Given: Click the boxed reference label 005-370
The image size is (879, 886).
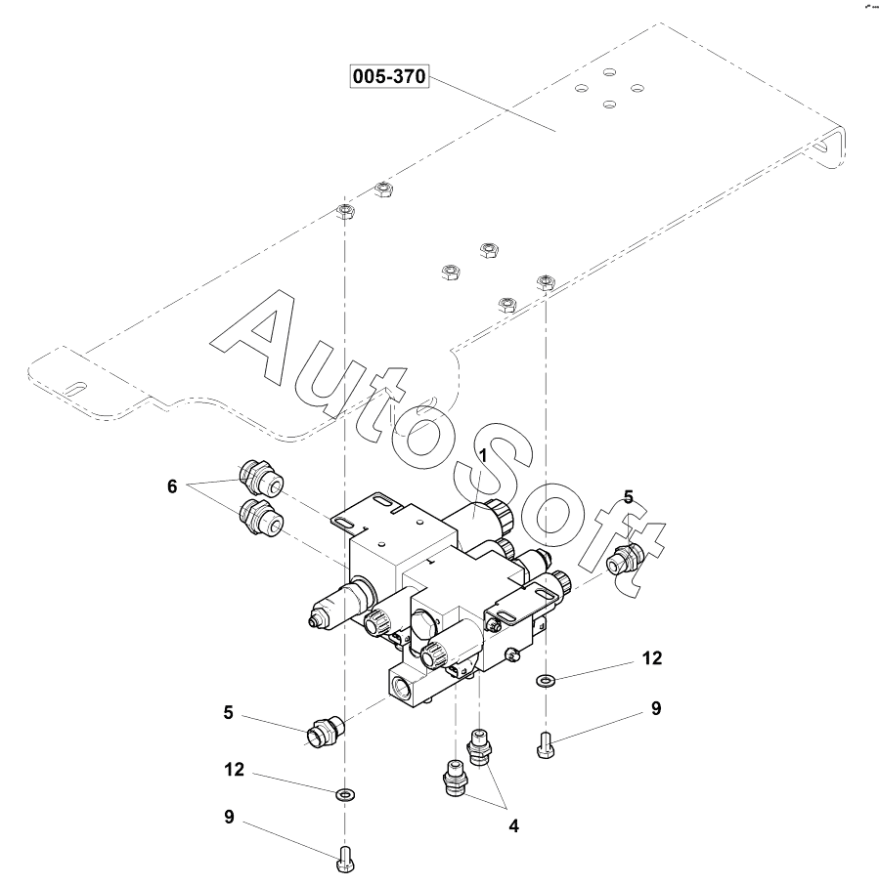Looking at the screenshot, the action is pyautogui.click(x=389, y=78).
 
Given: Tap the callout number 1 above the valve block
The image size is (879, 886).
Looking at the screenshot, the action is pyautogui.click(x=482, y=455).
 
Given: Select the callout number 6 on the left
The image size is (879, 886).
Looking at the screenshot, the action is pyautogui.click(x=172, y=485).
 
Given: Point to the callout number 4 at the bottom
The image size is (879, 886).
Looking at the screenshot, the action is pyautogui.click(x=512, y=826).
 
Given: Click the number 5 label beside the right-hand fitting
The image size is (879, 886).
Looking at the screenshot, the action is pyautogui.click(x=628, y=497).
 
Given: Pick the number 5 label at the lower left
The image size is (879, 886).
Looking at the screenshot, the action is pyautogui.click(x=228, y=713).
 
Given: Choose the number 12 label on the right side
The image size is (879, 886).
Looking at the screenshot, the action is pyautogui.click(x=652, y=658).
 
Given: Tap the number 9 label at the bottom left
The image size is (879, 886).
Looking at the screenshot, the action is pyautogui.click(x=230, y=817).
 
